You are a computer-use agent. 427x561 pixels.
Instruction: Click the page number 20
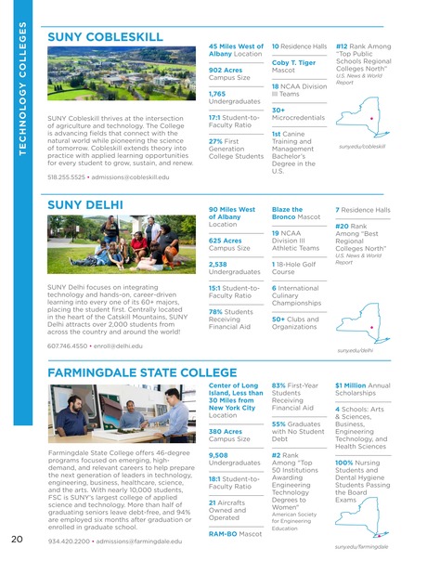coord(18,540)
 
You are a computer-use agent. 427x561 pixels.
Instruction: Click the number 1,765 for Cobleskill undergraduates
coord(217,94)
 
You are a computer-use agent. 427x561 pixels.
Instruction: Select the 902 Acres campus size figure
coord(225,70)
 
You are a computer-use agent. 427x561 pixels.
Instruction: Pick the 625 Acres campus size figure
coord(226,241)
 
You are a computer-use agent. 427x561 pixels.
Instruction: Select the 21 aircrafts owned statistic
coord(213,502)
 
